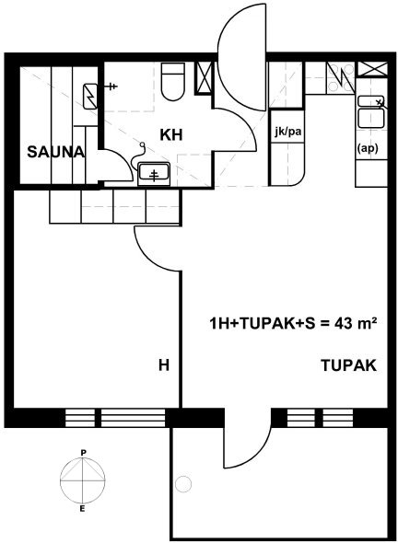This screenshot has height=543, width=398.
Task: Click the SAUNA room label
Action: point(55,152)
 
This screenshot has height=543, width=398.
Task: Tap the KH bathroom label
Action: point(171,134)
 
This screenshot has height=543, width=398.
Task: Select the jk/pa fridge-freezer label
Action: point(287,132)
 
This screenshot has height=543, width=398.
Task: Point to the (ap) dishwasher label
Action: point(368,148)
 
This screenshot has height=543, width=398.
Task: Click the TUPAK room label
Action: point(349,365)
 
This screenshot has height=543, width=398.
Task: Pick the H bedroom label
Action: point(164,365)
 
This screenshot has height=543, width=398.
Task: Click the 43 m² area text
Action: point(356,323)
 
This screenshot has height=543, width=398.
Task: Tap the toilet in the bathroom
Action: point(173,82)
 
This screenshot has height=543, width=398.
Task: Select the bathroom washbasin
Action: point(154,174)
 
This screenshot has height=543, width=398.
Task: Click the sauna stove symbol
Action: point(90,97)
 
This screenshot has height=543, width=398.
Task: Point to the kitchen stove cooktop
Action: point(341,78)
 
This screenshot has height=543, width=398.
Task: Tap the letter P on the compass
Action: point(83,452)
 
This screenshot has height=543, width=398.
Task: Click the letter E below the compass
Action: point(83,509)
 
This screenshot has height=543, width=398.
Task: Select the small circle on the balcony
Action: point(183,483)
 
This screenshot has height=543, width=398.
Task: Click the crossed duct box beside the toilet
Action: point(204,78)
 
